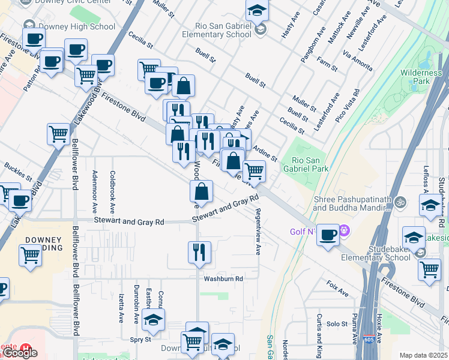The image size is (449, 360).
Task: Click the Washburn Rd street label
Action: click(223, 279)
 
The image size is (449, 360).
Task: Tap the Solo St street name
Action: click(337, 324)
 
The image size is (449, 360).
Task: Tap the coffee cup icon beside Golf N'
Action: click(328, 235)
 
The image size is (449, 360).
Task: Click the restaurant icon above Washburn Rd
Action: click(199, 252)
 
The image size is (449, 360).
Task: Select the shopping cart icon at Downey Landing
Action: click(30, 255)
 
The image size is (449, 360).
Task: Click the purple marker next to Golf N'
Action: click(344, 230)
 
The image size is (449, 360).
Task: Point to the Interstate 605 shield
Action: click(367, 340)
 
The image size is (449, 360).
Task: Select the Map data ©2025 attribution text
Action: click(424, 355)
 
